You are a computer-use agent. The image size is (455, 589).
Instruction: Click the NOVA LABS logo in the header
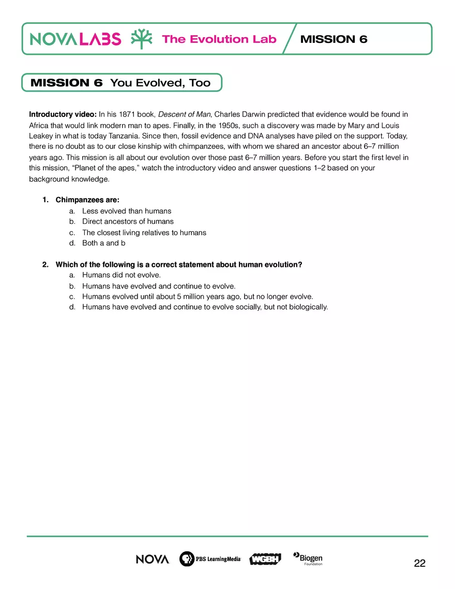pos(75,39)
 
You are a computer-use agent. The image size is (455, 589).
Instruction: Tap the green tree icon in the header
pos(141,39)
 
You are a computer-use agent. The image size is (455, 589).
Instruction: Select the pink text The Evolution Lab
pos(219,39)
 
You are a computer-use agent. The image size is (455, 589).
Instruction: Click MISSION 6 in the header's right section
pos(333,39)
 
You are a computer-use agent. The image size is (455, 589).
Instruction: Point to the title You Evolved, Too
pos(160,83)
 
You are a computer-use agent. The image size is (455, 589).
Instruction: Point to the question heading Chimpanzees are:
pos(87,200)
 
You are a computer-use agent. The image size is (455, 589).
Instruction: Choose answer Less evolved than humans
pos(127,211)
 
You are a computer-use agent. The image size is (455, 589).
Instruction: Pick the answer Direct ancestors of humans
pos(128,221)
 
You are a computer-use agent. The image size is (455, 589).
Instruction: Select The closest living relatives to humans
pos(144,233)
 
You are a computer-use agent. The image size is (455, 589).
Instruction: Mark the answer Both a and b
pos(103,243)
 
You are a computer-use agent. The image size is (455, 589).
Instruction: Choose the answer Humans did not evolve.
pos(121,275)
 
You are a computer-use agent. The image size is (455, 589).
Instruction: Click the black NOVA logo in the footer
pos(153,559)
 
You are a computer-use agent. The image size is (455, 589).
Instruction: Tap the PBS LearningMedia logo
pos(210,559)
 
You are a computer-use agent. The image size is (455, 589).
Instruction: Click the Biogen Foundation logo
pos(308,559)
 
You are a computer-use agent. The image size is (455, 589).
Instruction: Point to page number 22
pos(419,564)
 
